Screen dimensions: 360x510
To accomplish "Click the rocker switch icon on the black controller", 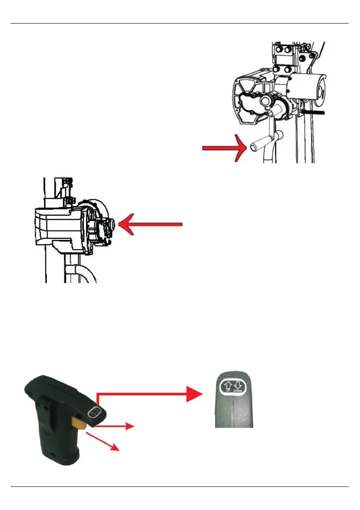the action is click(94, 412).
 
